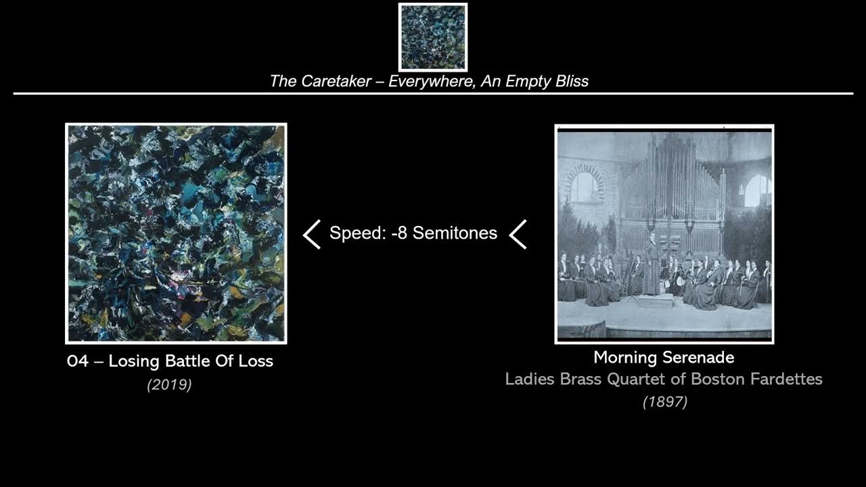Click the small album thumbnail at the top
pyautogui.click(x=433, y=37)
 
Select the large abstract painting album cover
pyautogui.click(x=176, y=233)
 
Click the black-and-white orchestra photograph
pyautogui.click(x=664, y=233)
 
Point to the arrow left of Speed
pyautogui.click(x=312, y=234)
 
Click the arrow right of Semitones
pyautogui.click(x=518, y=234)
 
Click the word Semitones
pyautogui.click(x=455, y=233)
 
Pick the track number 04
pyautogui.click(x=78, y=361)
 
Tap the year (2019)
pyautogui.click(x=169, y=385)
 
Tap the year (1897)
pyautogui.click(x=665, y=402)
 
